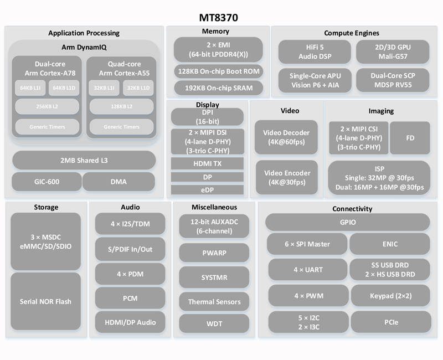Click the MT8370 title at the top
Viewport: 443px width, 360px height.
[x=218, y=18]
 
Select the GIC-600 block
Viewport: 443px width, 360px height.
[x=47, y=182]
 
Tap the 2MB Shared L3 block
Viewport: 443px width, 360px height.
[x=84, y=160]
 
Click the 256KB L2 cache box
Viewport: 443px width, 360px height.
[x=47, y=106]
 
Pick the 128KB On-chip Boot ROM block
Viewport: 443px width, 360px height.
[x=218, y=71]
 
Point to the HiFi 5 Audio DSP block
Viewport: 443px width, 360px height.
[x=315, y=52]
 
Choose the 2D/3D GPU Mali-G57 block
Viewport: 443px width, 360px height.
[x=393, y=52]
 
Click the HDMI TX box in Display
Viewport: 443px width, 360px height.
[x=207, y=163]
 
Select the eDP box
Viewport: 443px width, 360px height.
[x=207, y=190]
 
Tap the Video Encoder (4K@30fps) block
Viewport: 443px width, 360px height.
[x=287, y=177]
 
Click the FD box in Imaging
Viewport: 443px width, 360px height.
[x=410, y=138]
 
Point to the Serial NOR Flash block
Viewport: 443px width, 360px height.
[x=45, y=301]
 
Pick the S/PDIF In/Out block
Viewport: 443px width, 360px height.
[x=130, y=249]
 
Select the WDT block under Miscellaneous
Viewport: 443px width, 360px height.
[x=214, y=323]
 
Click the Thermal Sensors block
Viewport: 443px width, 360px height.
[x=214, y=302]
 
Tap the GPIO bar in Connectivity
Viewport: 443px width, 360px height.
[x=348, y=222]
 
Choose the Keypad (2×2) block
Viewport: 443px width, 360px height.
[x=391, y=296]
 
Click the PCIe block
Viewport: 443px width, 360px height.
[x=391, y=322]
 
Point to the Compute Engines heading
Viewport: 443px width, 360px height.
[x=352, y=33]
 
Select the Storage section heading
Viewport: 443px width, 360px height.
[x=46, y=207]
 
